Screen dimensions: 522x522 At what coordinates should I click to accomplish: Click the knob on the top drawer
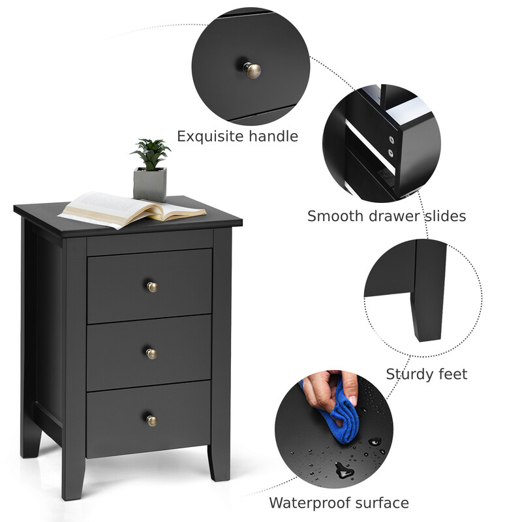click(152, 286)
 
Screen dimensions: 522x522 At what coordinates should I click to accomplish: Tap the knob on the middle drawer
click(151, 354)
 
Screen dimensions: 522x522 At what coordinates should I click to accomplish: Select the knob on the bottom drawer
click(152, 420)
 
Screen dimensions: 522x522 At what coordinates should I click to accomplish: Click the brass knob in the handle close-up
click(252, 70)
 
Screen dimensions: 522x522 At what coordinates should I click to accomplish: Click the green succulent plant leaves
click(151, 154)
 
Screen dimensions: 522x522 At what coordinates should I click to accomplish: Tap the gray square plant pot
click(150, 185)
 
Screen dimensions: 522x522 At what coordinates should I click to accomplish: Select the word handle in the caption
click(273, 136)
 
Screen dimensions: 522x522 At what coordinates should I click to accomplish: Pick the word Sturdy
click(409, 374)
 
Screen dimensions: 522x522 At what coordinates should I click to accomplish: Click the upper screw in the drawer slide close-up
click(391, 140)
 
